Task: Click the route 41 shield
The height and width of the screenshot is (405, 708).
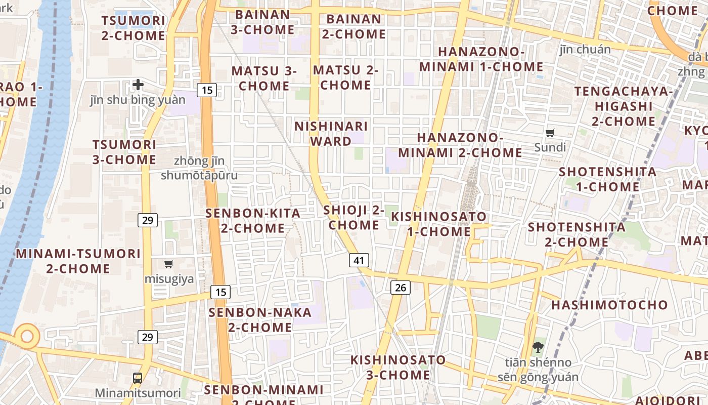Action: pos(359,261)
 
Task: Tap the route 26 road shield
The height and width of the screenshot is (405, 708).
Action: pos(400,288)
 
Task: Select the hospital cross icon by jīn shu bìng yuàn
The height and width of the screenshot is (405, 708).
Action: pos(138,84)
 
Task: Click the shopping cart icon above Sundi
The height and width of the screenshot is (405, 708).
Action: pos(550,133)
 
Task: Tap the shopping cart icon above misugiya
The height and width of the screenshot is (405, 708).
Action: pos(169,264)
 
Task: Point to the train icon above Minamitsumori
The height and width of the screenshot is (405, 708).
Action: pos(138,378)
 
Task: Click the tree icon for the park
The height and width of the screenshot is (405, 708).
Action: pos(538,347)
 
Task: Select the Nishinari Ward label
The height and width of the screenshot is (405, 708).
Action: pos(331,134)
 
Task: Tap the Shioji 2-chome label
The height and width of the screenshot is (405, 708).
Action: pos(354,217)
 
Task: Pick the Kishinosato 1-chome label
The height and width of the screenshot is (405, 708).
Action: pos(439,224)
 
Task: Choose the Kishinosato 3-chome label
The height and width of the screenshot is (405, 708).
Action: pos(399,368)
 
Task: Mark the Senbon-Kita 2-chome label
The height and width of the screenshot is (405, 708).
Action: pos(253,221)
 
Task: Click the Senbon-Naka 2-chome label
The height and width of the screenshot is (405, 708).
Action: pos(260,319)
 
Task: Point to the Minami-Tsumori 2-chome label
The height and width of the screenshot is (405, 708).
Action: pos(78,261)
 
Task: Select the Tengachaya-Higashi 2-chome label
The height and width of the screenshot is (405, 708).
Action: pos(624,106)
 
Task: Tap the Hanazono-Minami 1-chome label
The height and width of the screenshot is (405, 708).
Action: pos(481,59)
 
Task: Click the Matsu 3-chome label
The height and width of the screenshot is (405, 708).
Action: pos(264,78)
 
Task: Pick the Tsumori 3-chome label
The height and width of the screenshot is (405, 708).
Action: pos(124,152)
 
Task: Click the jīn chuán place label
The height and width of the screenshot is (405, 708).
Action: pos(585,49)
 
